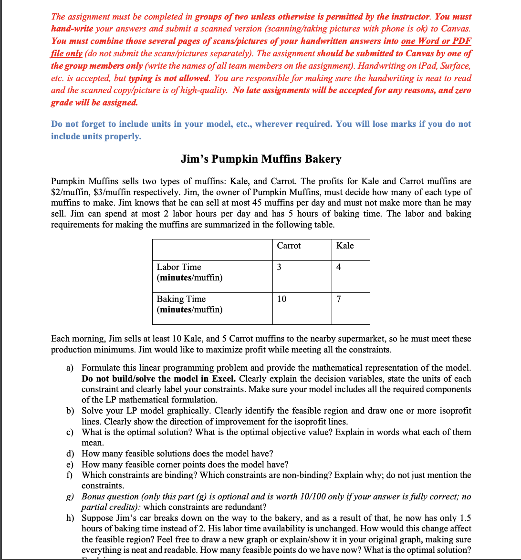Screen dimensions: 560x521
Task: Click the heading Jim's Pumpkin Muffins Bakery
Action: pos(260,159)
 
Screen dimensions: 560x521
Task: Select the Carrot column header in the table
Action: pos(289,246)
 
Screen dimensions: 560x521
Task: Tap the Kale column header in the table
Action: pos(345,246)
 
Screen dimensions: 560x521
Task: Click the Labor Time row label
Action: pos(179,267)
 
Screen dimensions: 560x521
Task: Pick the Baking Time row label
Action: pos(181,299)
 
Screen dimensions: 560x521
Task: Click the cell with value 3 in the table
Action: pos(279,267)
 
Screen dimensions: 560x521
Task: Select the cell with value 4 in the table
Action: pos(338,267)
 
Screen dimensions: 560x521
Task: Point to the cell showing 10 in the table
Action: pos(281,299)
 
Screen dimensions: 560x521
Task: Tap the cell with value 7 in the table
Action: pos(338,299)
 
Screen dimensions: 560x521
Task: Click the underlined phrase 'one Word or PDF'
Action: pos(437,41)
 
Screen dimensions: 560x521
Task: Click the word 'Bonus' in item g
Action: pos(94,497)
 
